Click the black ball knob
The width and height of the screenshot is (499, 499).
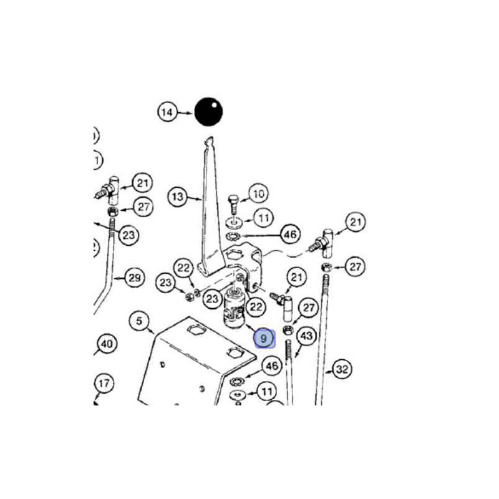[209, 112]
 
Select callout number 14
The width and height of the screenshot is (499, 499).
[167, 113]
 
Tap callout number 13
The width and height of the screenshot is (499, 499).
[178, 197]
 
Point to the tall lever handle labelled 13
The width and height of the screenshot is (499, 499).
[210, 206]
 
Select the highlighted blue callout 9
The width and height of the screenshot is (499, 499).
[264, 338]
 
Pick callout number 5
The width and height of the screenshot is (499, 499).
[139, 321]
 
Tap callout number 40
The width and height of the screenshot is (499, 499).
[106, 344]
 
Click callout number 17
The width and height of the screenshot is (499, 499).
[104, 384]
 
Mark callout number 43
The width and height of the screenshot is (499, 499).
[306, 336]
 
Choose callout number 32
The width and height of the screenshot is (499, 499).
[342, 369]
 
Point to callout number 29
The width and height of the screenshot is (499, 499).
[134, 277]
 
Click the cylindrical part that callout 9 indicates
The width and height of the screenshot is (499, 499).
[235, 312]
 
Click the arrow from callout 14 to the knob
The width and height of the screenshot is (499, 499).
[185, 113]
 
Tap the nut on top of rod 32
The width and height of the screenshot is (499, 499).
[325, 268]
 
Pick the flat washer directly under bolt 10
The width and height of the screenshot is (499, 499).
[236, 222]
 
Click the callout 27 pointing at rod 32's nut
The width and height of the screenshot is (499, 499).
[355, 267]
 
